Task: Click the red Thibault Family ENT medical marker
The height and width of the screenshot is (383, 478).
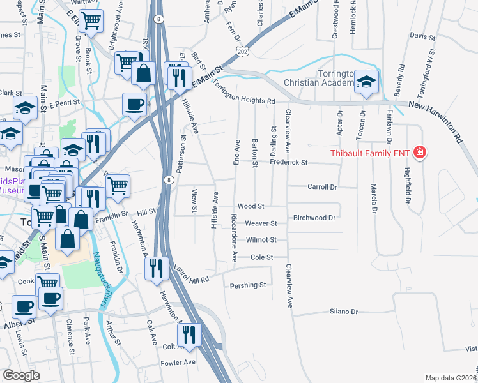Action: click(420, 152)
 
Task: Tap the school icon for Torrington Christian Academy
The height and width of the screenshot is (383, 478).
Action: click(366, 82)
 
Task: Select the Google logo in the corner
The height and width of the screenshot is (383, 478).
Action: click(21, 375)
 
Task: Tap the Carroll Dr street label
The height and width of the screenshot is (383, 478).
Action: click(322, 187)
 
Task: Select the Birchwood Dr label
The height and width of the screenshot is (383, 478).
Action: click(314, 218)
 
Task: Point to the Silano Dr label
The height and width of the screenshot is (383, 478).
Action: click(344, 312)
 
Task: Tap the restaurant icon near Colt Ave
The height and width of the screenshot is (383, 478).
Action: click(189, 334)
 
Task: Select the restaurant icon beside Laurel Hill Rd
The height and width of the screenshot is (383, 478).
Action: click(157, 268)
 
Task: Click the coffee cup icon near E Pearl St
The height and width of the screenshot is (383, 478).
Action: click(135, 104)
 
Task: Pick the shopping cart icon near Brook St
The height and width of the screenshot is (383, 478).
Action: click(92, 20)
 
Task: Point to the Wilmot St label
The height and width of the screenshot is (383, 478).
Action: click(262, 240)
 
